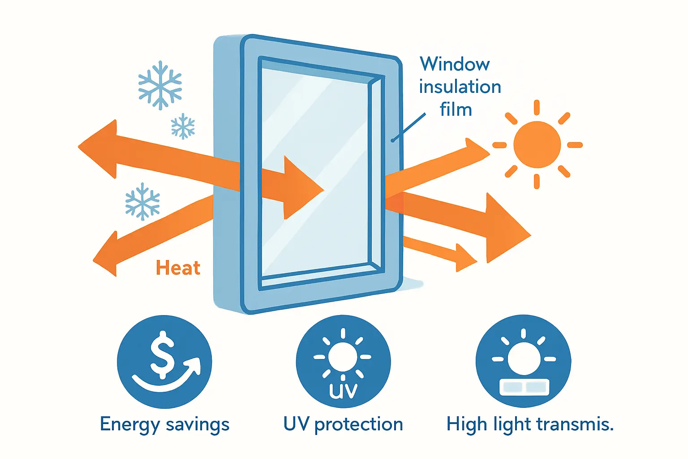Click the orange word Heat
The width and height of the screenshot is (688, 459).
178,268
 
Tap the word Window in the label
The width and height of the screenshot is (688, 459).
455,65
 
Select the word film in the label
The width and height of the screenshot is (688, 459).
456,109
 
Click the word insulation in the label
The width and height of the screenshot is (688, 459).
460,87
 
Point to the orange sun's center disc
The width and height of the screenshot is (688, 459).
537,145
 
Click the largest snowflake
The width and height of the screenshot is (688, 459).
160,85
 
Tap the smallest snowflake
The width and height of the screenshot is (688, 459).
183,126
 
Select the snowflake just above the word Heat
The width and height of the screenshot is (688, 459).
142,201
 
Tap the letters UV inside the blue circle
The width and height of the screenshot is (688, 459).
343,390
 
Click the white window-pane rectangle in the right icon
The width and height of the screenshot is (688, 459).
524,387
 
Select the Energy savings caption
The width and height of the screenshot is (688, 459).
164,424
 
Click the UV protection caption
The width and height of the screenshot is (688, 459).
343,424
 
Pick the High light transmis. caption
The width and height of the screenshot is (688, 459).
530,424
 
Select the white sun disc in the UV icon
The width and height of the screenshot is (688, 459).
343,357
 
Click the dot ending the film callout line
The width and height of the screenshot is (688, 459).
392,141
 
